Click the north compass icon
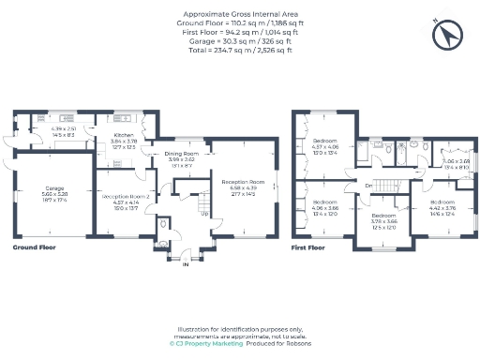pos(446,35)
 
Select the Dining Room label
pos(183,154)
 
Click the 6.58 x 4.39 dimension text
pos(243,187)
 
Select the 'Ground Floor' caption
pos(37,248)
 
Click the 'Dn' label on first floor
pos(368,186)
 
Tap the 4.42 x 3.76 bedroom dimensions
pos(443,208)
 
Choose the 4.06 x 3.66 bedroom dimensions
pos(325,208)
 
